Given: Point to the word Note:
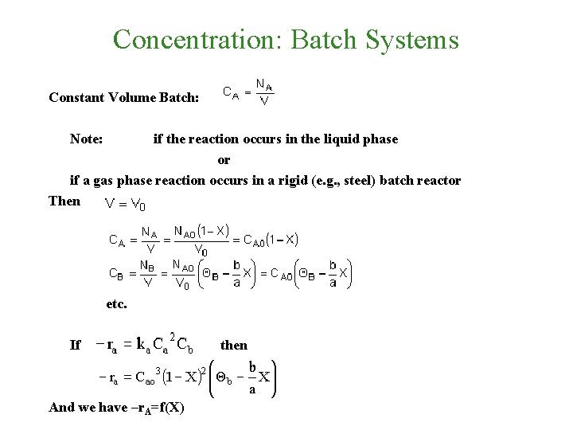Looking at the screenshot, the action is pos(86,139).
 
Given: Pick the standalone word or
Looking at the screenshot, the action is pos(224,160).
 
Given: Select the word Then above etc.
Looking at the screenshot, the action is pos(64,201).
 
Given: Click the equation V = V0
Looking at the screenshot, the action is pos(125,205).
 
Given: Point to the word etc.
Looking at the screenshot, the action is pos(116,303).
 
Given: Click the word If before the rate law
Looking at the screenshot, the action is pos(76,345).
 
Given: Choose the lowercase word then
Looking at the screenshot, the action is pos(234,345).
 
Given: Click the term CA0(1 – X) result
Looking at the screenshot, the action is pos(270,240).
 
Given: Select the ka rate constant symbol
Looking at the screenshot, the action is pos(142,345).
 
